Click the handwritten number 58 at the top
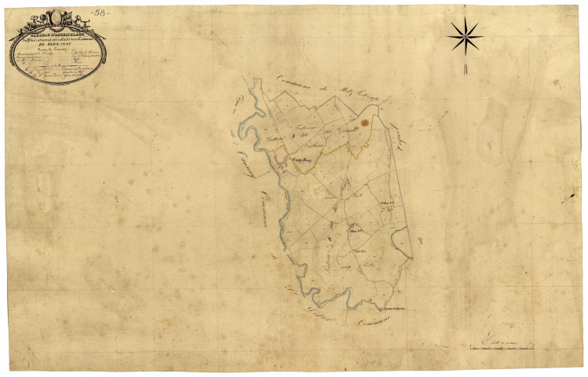(100, 13)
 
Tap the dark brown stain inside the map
(363, 123)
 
